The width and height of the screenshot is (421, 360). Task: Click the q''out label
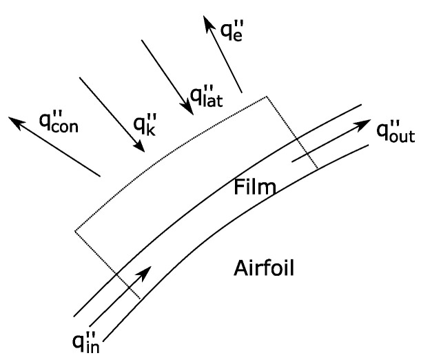(395, 131)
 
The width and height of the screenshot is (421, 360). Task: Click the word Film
(254, 186)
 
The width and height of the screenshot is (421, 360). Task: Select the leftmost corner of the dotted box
(74, 230)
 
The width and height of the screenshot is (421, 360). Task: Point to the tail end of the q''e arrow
(240, 92)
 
